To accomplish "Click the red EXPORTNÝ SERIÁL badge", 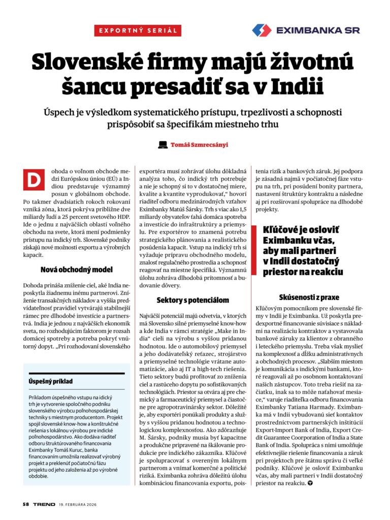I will [x=138, y=30].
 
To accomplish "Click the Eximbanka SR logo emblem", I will [x=262, y=30].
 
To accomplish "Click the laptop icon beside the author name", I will [x=162, y=145].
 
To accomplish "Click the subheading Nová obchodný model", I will [x=76, y=270].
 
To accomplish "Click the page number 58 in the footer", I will [x=25, y=504].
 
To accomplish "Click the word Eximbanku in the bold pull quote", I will [x=287, y=240].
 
